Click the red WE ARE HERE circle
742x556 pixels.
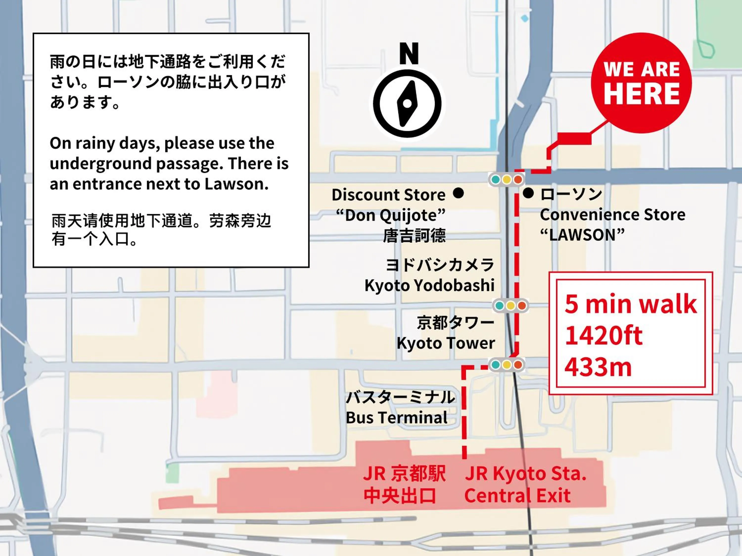[641, 83]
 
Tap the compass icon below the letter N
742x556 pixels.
[407, 104]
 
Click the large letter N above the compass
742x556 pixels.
[409, 54]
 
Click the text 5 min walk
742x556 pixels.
[631, 304]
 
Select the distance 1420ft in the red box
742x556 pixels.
[604, 335]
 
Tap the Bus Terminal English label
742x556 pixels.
[396, 418]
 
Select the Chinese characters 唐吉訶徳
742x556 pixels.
[415, 235]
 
